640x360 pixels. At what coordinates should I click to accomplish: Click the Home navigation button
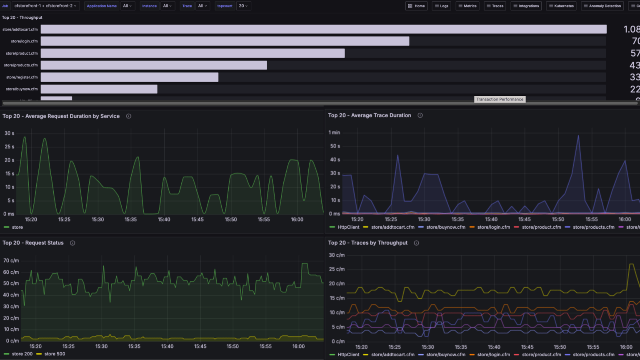pyautogui.click(x=416, y=6)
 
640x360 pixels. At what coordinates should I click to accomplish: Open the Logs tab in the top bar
pyautogui.click(x=441, y=6)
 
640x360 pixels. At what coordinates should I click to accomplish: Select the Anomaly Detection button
pyautogui.click(x=602, y=6)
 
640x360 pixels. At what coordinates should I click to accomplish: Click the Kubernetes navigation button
pyautogui.click(x=561, y=6)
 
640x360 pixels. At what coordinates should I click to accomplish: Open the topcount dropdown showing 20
pyautogui.click(x=243, y=6)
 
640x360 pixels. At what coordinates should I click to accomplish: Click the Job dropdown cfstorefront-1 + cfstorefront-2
pyautogui.click(x=45, y=6)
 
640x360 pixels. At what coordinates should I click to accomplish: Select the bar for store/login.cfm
pyautogui.click(x=225, y=41)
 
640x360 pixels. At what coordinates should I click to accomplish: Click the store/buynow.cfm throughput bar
pyautogui.click(x=99, y=89)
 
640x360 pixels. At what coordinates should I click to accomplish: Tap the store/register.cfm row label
pyautogui.click(x=22, y=77)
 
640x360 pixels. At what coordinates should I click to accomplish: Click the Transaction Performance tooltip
pyautogui.click(x=500, y=99)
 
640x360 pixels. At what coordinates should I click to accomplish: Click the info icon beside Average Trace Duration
pyautogui.click(x=420, y=115)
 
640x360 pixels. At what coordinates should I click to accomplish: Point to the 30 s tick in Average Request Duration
pyautogui.click(x=9, y=133)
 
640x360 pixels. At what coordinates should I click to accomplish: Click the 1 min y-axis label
pyautogui.click(x=334, y=132)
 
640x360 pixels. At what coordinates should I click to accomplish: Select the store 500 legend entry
pyautogui.click(x=55, y=354)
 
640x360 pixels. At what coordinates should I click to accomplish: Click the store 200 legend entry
pyautogui.click(x=22, y=354)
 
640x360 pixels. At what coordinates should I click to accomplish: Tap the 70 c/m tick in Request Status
pyautogui.click(x=11, y=260)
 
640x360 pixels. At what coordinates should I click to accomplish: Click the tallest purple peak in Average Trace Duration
pyautogui.click(x=578, y=136)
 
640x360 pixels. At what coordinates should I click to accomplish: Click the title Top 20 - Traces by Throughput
pyautogui.click(x=367, y=242)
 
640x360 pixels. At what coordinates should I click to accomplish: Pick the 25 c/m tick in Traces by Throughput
pyautogui.click(x=337, y=269)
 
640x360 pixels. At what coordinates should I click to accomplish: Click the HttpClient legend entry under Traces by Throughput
pyautogui.click(x=348, y=355)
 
